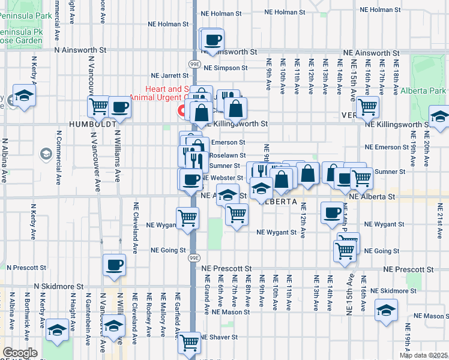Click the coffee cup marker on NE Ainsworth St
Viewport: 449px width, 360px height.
(212, 41)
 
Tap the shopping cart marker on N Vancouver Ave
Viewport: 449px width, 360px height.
(98, 107)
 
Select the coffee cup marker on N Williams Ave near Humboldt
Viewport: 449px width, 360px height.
(119, 107)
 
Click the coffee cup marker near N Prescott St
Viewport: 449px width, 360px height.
(113, 265)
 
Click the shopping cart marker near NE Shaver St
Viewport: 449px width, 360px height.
(190, 344)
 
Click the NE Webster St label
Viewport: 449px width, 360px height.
(223, 178)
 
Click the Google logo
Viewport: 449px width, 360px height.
(20, 353)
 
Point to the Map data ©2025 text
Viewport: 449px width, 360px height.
(423, 355)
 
